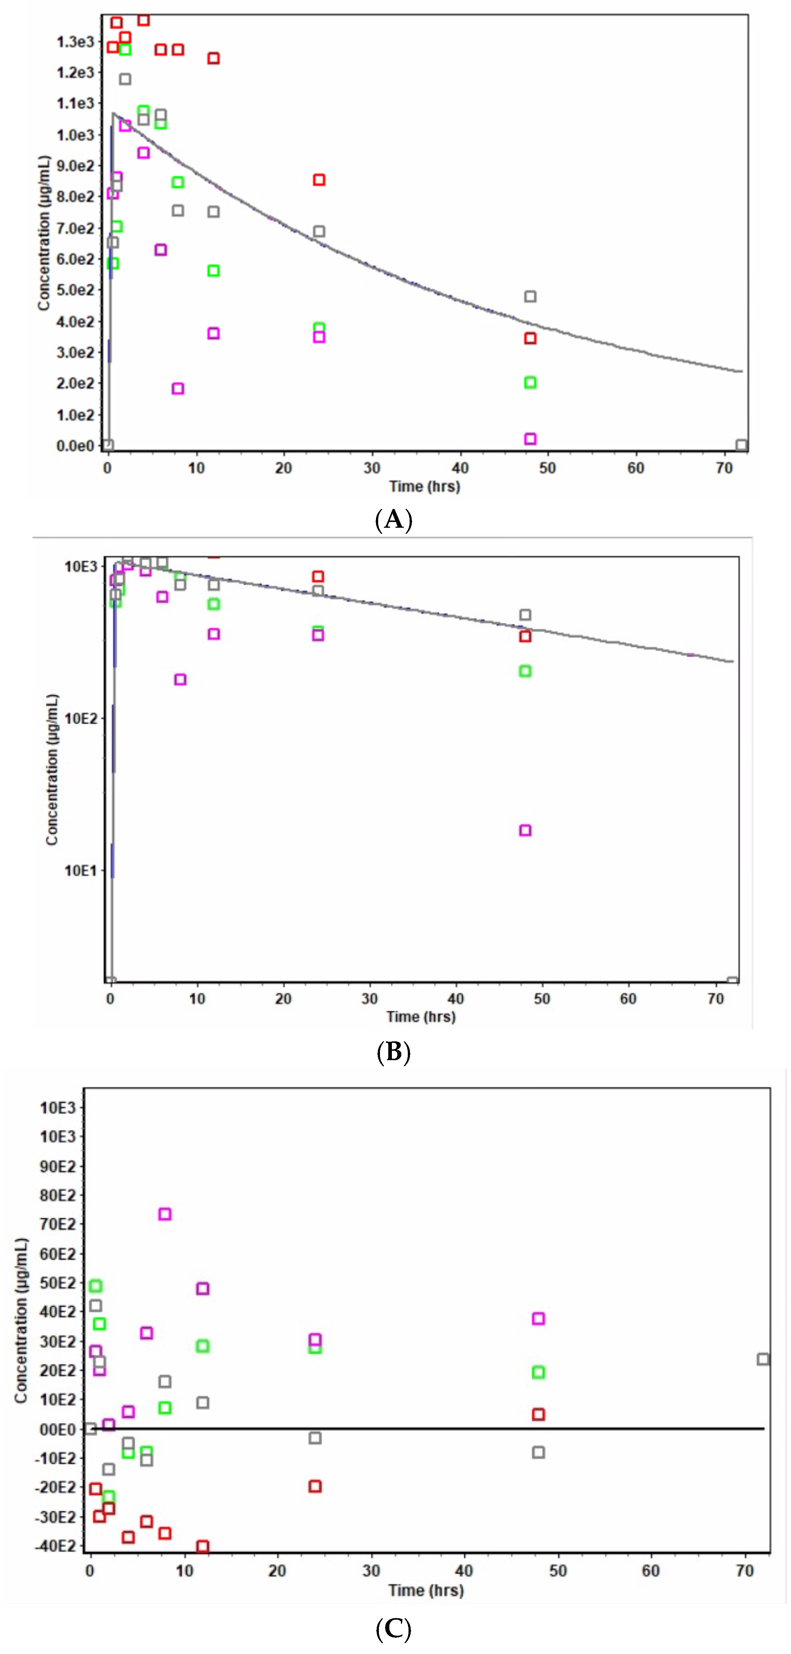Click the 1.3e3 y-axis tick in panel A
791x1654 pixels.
pyautogui.click(x=75, y=42)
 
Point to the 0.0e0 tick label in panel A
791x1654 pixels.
pyautogui.click(x=75, y=446)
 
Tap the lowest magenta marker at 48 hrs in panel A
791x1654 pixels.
pyautogui.click(x=530, y=439)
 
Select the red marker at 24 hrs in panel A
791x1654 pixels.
pyautogui.click(x=319, y=180)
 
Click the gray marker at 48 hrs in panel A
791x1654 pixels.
pyautogui.click(x=530, y=297)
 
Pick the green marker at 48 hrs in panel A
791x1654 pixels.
pyautogui.click(x=530, y=383)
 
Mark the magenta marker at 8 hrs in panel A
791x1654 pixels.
pyautogui.click(x=178, y=388)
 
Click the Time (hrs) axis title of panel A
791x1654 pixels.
pyautogui.click(x=424, y=486)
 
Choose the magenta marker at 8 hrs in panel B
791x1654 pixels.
pyautogui.click(x=181, y=679)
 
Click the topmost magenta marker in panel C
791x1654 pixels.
pyautogui.click(x=165, y=1214)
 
